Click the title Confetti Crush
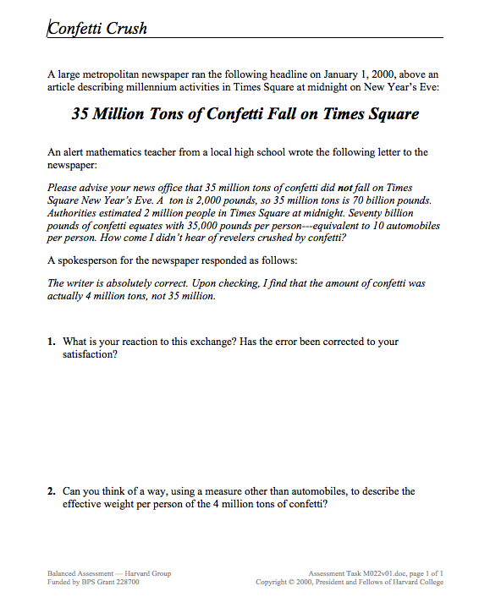click(97, 29)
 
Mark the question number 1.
click(52, 342)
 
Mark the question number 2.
click(52, 491)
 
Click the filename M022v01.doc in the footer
click(377, 573)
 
